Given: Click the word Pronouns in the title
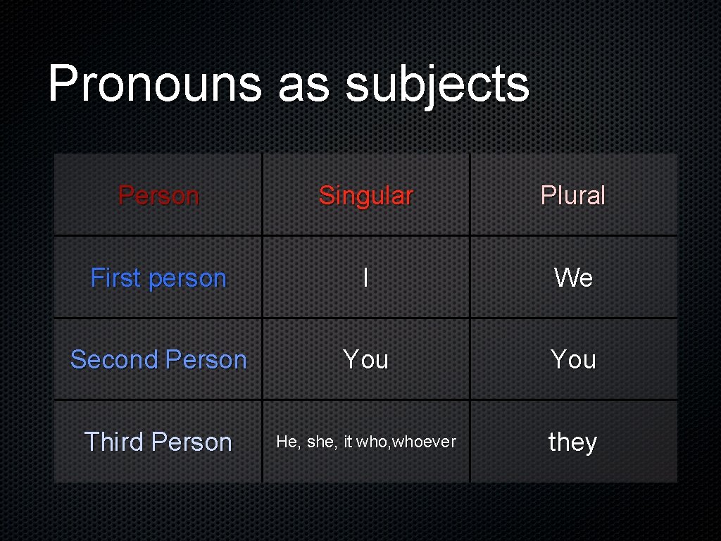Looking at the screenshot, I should pyautogui.click(x=154, y=84).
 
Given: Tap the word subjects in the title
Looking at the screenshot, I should pyautogui.click(x=437, y=85).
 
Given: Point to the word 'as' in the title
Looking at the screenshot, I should pyautogui.click(x=303, y=87).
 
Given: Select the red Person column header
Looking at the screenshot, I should pyautogui.click(x=158, y=195).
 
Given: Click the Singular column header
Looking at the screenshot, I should pyautogui.click(x=365, y=196).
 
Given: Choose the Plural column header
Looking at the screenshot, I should pyautogui.click(x=572, y=195).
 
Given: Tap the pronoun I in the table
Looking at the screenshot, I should pyautogui.click(x=365, y=278).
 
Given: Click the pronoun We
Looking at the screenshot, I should pyautogui.click(x=573, y=278).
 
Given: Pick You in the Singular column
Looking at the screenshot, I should pyautogui.click(x=365, y=359).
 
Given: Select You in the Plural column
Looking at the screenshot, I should pyautogui.click(x=573, y=359).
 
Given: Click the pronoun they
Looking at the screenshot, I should pyautogui.click(x=572, y=442).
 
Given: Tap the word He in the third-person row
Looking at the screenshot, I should pyautogui.click(x=287, y=442).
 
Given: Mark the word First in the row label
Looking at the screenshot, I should pyautogui.click(x=116, y=278).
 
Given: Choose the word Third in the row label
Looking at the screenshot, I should pyautogui.click(x=115, y=442).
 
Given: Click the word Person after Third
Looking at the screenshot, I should pyautogui.click(x=192, y=442).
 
